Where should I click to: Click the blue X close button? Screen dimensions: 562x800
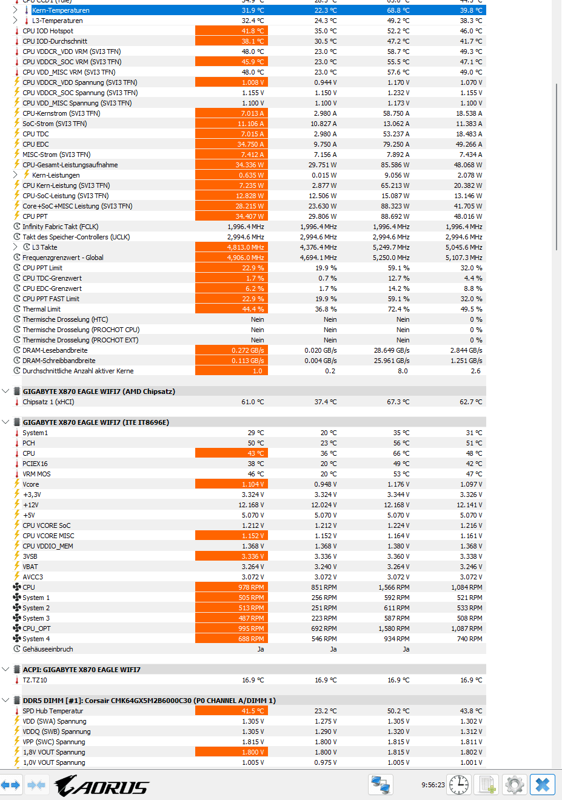542,785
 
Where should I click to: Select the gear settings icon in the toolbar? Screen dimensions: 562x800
515,785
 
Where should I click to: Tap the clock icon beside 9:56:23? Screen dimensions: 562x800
459,785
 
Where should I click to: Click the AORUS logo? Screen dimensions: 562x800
101,785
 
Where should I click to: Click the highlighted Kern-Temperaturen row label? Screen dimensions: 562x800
61,10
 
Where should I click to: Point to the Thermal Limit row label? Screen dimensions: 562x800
41,309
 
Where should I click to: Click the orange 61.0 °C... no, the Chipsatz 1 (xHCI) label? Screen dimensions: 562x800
49,402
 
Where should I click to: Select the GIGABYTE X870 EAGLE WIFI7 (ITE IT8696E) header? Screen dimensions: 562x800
96,422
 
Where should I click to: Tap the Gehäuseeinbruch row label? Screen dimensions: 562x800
47,649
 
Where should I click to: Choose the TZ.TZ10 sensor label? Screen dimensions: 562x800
35,681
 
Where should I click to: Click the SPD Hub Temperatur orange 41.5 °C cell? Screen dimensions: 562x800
232,711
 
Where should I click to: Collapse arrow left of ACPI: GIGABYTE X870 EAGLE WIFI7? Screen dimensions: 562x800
5,670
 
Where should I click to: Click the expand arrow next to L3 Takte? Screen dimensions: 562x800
15,247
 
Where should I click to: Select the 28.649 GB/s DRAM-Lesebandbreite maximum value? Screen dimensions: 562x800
392,350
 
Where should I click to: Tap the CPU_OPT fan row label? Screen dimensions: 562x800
36,629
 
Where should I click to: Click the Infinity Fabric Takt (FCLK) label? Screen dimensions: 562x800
61,227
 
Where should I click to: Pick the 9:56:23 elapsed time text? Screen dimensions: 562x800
433,785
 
